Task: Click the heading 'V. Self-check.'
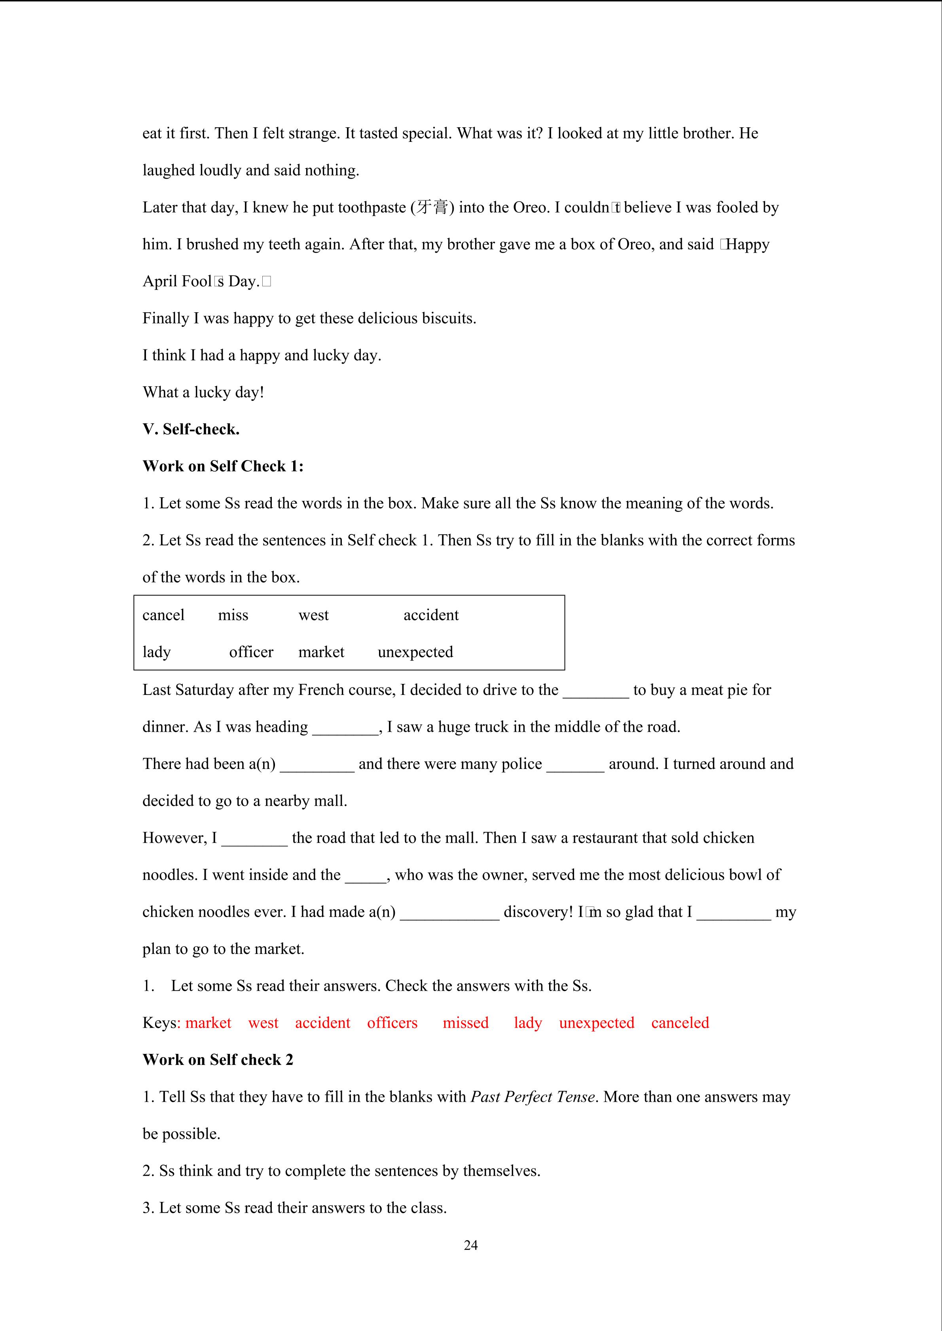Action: click(191, 430)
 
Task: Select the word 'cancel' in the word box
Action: click(163, 615)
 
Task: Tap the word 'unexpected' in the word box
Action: click(415, 652)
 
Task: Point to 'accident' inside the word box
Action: click(431, 615)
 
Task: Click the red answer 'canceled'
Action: click(680, 1023)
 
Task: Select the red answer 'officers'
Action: click(392, 1023)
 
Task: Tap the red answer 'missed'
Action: click(465, 1023)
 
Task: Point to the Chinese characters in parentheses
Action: click(432, 208)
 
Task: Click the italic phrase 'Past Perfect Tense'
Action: click(533, 1097)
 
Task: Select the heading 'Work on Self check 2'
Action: click(218, 1060)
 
